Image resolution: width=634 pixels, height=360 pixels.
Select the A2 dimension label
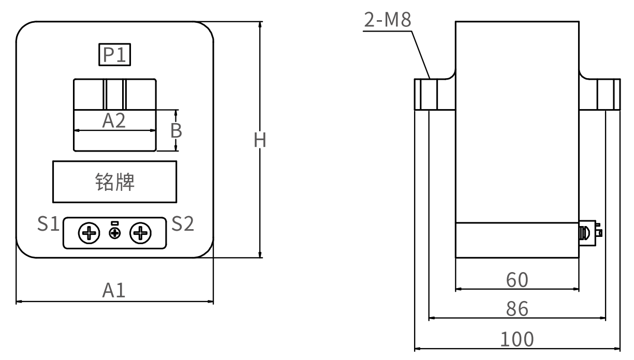tap(114, 121)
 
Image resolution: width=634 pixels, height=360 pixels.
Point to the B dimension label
tap(176, 131)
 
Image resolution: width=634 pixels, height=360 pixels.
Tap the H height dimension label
tap(260, 140)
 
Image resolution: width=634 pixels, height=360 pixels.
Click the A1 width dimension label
tap(114, 291)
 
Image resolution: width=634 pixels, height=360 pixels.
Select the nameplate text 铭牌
tap(114, 182)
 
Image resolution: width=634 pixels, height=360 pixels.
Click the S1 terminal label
tap(48, 223)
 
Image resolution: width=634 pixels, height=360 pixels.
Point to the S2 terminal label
tap(183, 223)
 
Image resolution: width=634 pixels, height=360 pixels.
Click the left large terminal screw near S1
tap(89, 233)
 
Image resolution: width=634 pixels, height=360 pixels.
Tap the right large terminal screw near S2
tap(140, 233)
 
